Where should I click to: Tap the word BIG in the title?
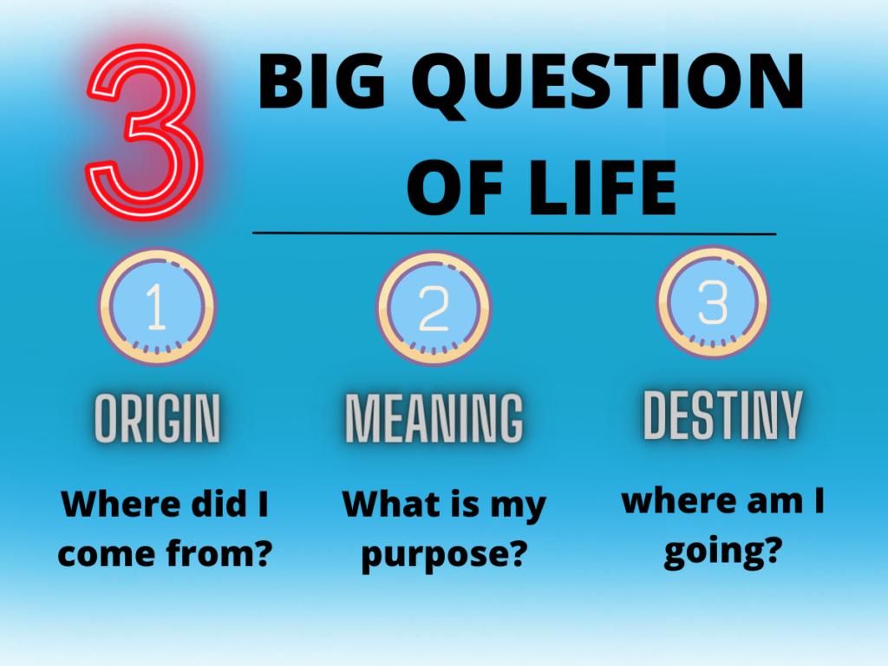[323, 81]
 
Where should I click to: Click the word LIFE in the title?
[603, 187]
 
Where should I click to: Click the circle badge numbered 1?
[158, 307]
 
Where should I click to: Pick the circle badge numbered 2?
[434, 309]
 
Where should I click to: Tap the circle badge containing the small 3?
[713, 302]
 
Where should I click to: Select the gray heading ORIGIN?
[158, 418]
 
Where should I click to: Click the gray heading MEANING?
[434, 418]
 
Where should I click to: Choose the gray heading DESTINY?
[723, 415]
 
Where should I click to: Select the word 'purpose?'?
[445, 556]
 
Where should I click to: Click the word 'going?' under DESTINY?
[723, 552]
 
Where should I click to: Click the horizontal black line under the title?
[514, 232]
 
